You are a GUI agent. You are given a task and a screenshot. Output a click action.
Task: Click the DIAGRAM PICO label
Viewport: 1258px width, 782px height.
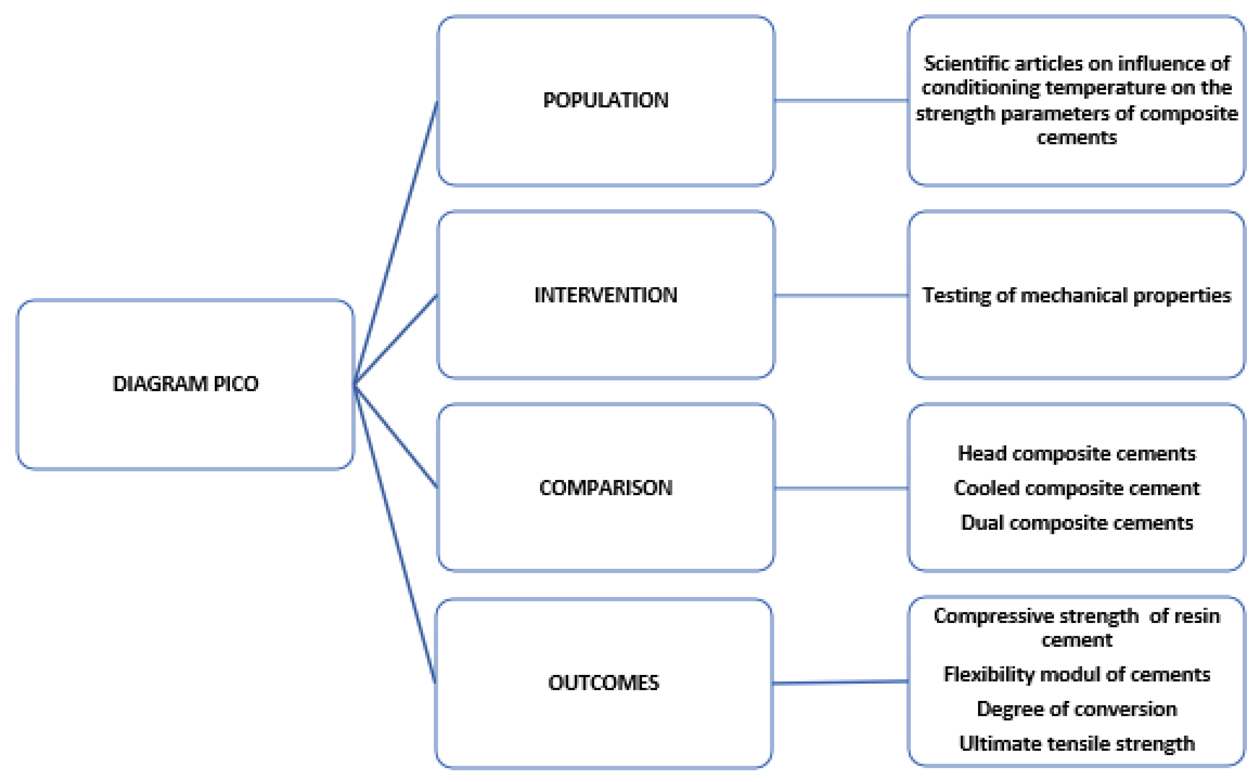185,384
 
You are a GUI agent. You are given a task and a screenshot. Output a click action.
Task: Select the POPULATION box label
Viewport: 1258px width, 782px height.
605,100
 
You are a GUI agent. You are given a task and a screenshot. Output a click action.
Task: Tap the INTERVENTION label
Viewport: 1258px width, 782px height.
605,295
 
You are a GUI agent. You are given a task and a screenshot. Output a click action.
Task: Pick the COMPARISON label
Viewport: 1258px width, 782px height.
605,488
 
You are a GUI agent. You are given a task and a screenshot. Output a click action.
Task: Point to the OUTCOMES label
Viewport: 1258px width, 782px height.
603,683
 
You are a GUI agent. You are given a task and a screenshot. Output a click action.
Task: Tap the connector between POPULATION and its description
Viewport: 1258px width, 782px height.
841,100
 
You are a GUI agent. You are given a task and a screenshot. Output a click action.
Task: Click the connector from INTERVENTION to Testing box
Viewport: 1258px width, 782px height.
841,295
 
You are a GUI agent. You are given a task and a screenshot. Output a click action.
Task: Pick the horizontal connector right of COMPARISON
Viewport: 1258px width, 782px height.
841,488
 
